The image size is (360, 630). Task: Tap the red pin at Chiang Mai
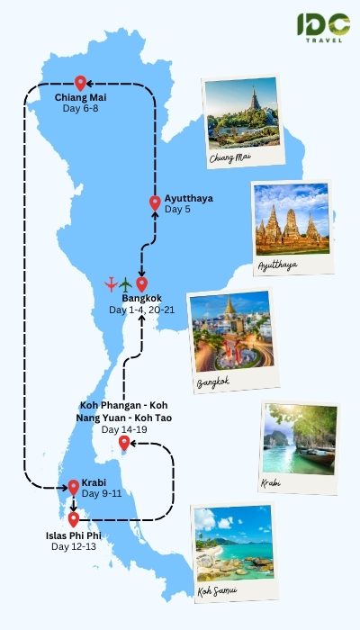tap(80, 83)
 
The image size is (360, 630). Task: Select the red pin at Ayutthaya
tap(155, 203)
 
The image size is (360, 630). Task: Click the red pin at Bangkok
tap(141, 283)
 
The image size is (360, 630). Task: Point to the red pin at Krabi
tap(73, 487)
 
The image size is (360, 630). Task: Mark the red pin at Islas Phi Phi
tap(73, 519)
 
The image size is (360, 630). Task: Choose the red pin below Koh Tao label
tap(124, 442)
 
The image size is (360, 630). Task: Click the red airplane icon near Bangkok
tap(111, 284)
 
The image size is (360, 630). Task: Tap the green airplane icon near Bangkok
tap(126, 284)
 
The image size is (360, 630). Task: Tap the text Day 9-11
tap(101, 494)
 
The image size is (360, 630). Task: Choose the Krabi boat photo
tap(301, 440)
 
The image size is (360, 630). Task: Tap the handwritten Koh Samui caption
tap(218, 591)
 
